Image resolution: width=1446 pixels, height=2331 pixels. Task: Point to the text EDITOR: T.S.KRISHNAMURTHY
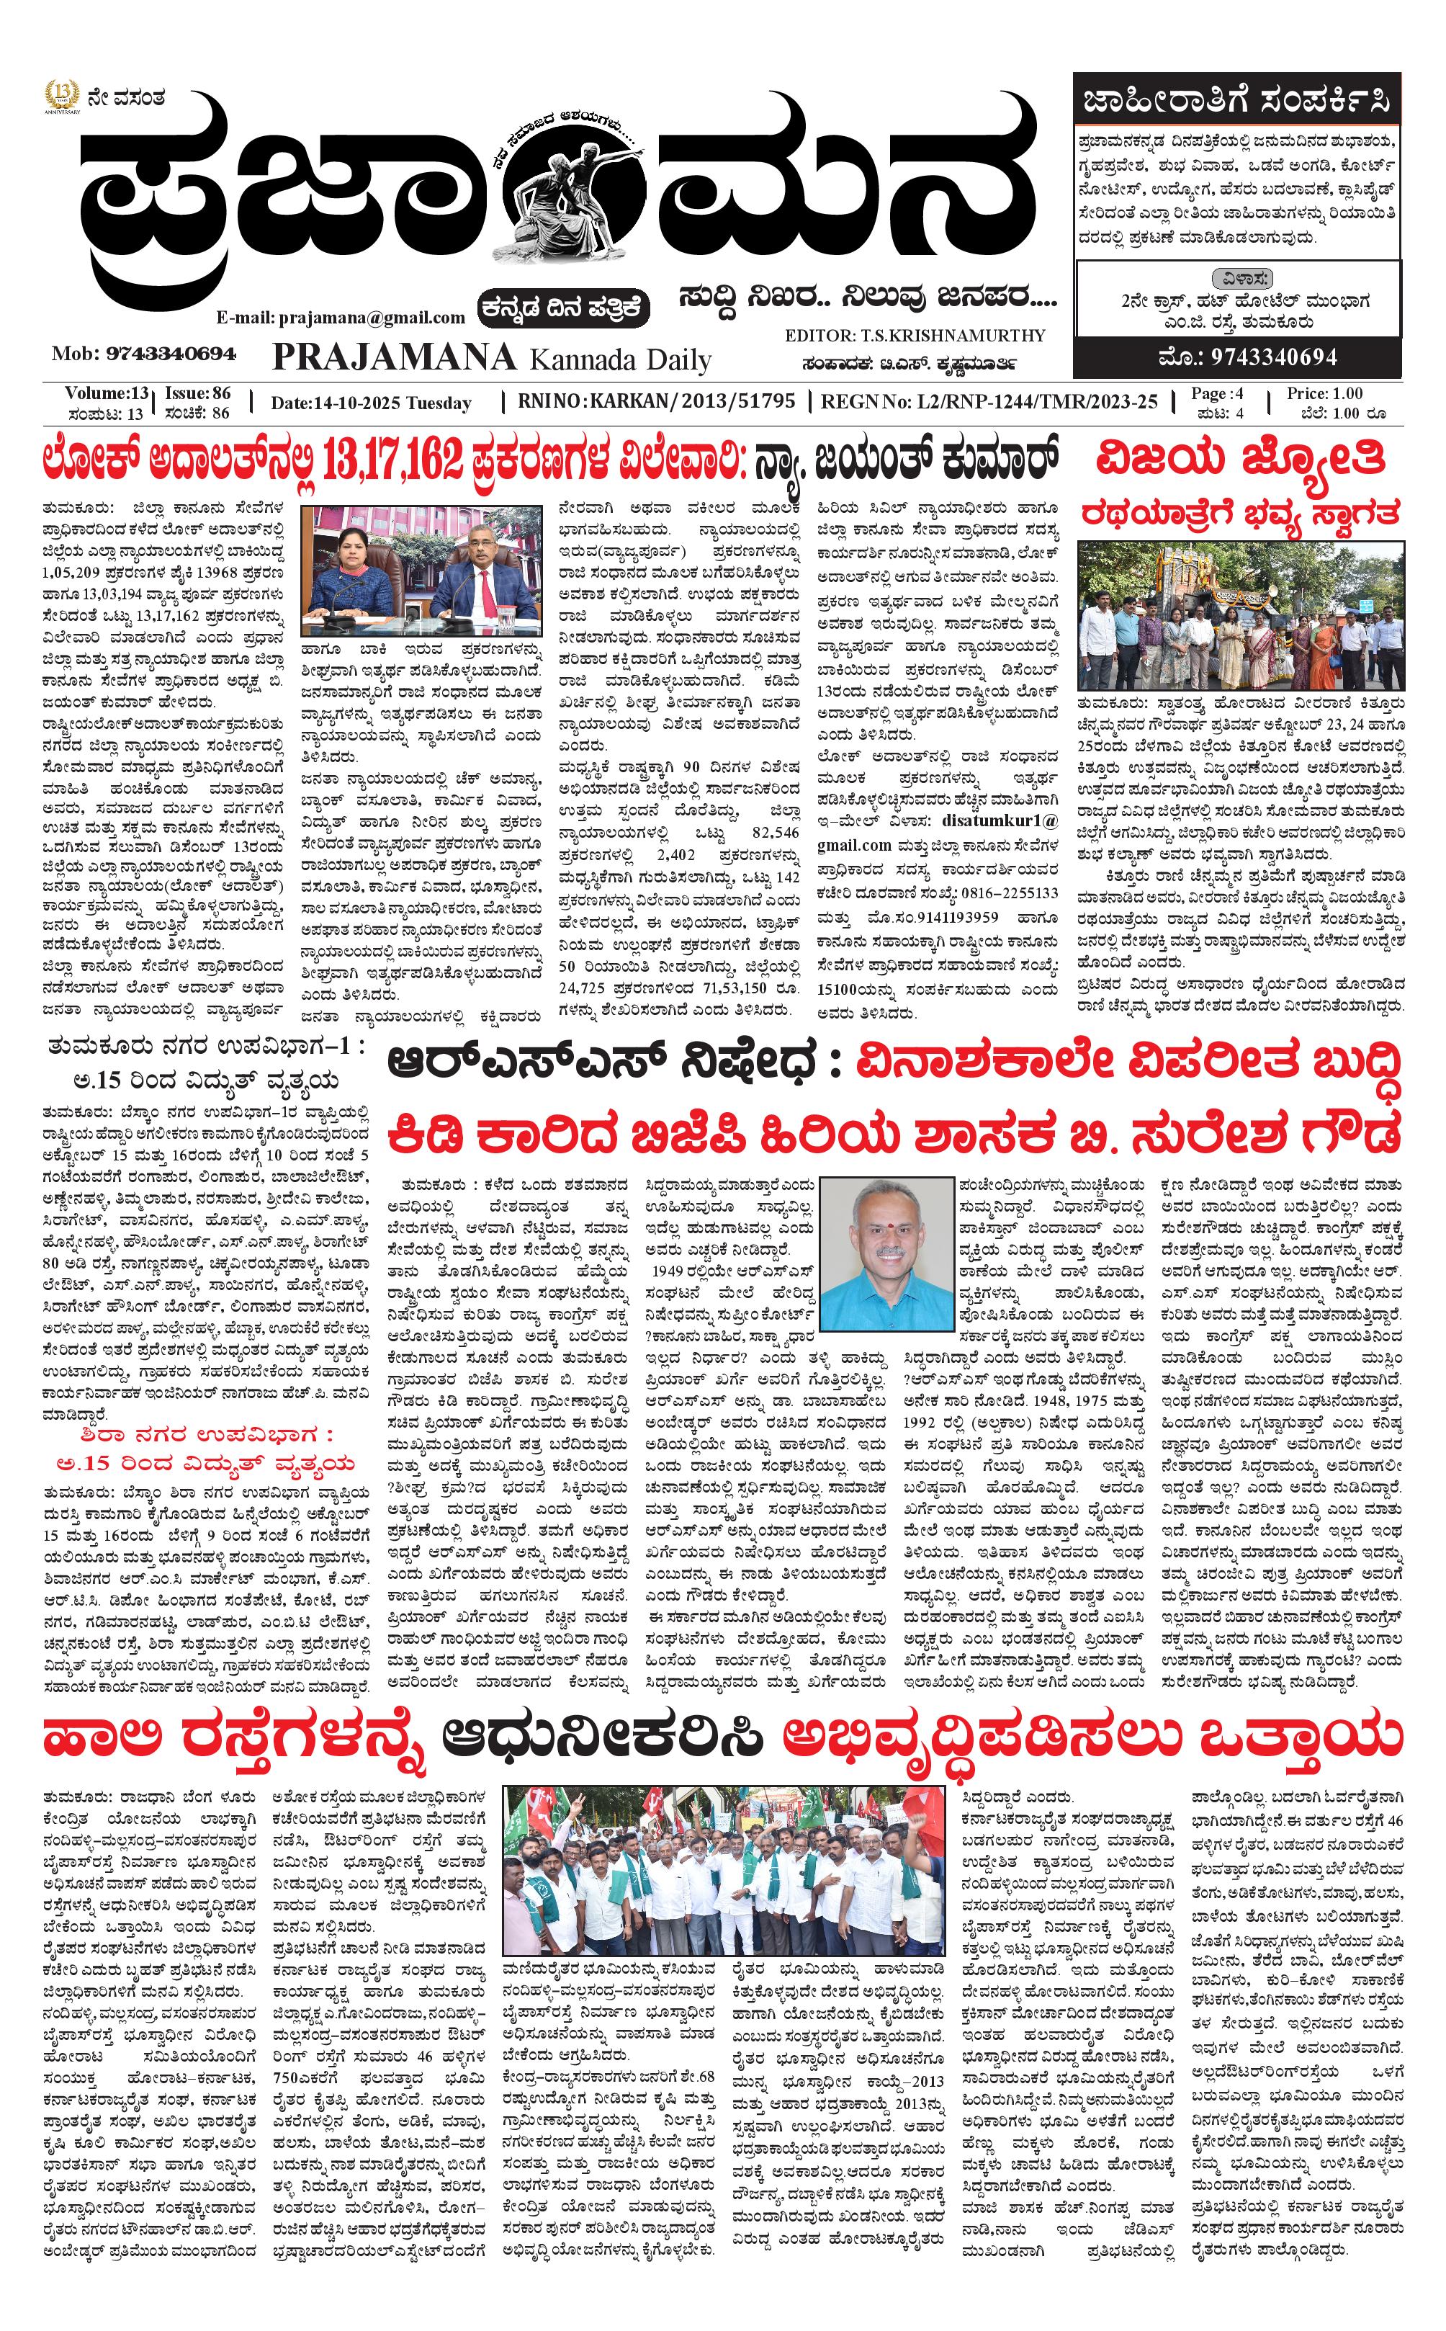click(x=915, y=336)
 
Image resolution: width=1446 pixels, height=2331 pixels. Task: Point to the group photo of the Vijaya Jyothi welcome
click(x=1240, y=617)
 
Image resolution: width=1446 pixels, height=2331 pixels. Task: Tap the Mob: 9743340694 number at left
click(x=143, y=354)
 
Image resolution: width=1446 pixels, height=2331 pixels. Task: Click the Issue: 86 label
click(x=197, y=393)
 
